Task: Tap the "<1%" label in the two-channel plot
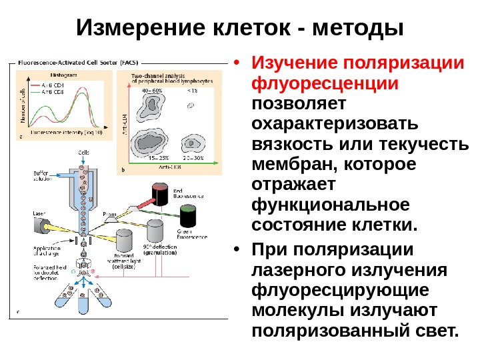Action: pyautogui.click(x=193, y=90)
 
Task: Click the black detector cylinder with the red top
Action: pyautogui.click(x=160, y=193)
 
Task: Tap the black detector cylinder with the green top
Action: pyautogui.click(x=188, y=215)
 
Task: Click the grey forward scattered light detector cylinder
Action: pyautogui.click(x=124, y=241)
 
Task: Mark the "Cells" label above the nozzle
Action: pyautogui.click(x=83, y=153)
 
